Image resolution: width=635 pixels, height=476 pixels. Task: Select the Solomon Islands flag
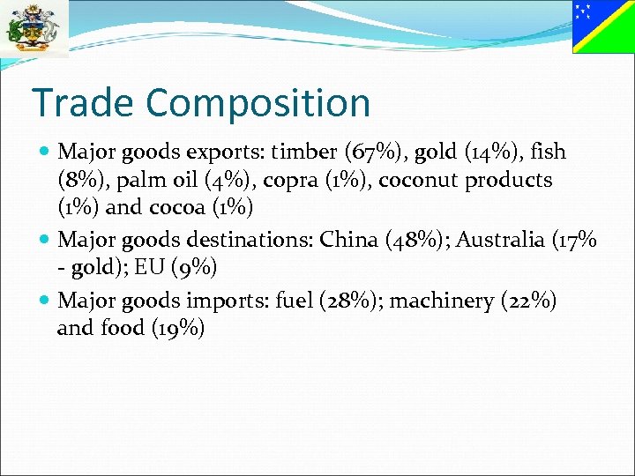(x=603, y=26)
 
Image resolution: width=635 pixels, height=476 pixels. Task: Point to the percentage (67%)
(x=369, y=152)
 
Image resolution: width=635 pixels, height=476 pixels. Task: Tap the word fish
(x=549, y=152)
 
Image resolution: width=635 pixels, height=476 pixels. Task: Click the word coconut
(x=420, y=181)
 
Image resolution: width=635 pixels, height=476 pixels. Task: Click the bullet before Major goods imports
(x=45, y=301)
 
